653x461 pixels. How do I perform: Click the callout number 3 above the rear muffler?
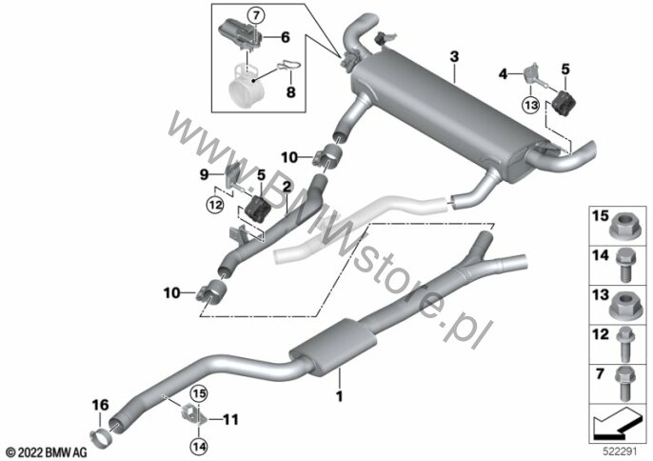(x=454, y=56)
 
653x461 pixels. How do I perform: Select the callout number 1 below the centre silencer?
(x=340, y=396)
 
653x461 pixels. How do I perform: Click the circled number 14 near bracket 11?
(x=199, y=447)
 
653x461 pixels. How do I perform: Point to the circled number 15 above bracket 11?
(x=199, y=393)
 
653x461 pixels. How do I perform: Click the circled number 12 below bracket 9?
(x=215, y=205)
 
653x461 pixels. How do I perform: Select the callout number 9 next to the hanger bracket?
(x=204, y=174)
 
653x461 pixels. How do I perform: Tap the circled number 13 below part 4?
(x=530, y=105)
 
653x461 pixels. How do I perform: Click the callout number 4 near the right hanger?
(x=503, y=74)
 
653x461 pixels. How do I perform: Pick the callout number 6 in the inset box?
(x=286, y=37)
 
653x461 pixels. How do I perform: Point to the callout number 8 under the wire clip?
(x=290, y=91)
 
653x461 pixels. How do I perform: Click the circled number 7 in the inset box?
(x=256, y=16)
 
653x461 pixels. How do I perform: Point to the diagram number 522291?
(x=621, y=451)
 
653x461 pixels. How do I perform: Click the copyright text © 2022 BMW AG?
(x=46, y=451)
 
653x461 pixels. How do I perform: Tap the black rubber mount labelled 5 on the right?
(x=564, y=103)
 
